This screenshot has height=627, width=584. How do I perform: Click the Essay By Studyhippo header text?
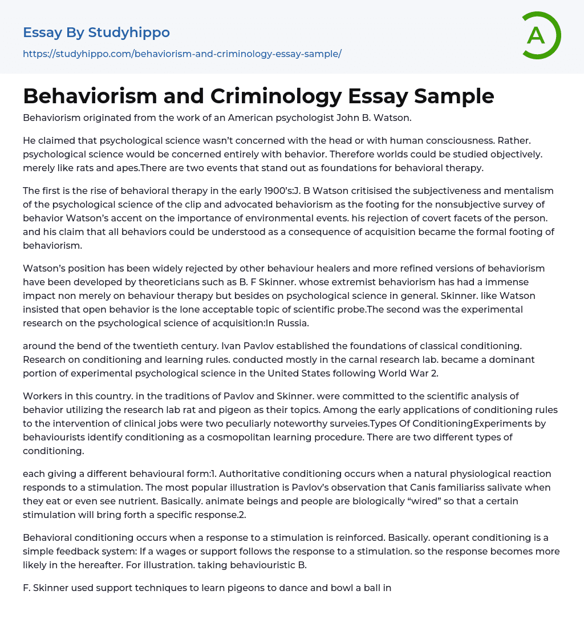coord(96,33)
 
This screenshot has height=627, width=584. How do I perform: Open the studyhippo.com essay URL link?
coord(182,54)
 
